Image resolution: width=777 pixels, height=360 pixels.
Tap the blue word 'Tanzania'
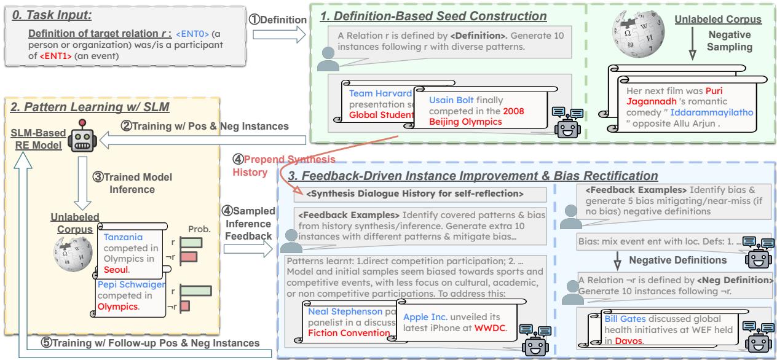tap(122, 236)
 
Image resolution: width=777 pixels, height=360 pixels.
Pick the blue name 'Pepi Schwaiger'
tap(133, 285)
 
